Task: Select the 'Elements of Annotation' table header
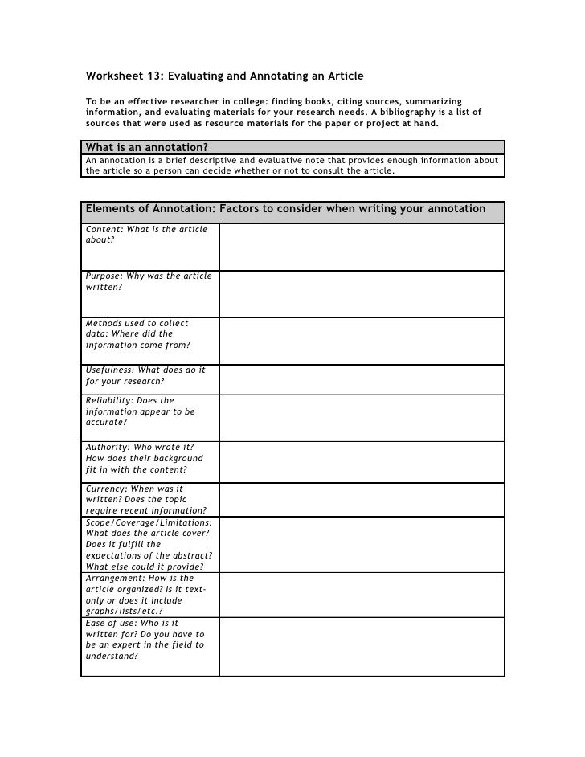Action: click(285, 209)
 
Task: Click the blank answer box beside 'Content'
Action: click(362, 246)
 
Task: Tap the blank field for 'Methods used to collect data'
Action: click(362, 340)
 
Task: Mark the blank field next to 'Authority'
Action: click(362, 460)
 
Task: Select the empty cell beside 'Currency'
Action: click(362, 498)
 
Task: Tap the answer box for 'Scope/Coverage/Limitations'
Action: click(362, 543)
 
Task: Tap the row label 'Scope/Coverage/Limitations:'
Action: click(149, 522)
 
